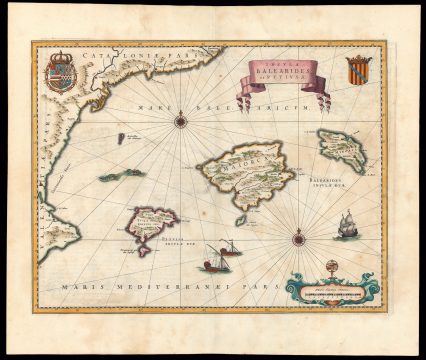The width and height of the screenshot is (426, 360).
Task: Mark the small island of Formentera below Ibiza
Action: coord(145,249)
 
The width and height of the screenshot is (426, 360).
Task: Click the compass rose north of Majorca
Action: coord(181,121)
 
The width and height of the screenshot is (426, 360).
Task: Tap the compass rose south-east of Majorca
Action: coord(298,238)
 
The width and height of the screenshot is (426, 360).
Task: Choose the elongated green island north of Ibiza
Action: coord(121,175)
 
